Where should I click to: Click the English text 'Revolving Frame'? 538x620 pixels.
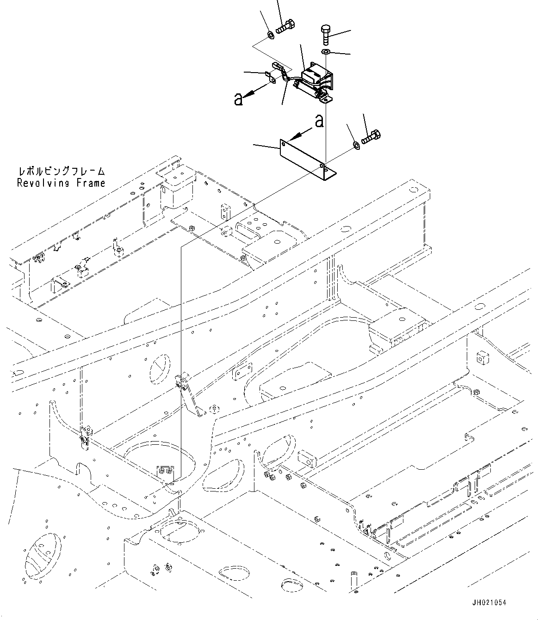(x=61, y=183)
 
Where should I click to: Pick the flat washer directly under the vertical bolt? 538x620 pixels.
(x=326, y=52)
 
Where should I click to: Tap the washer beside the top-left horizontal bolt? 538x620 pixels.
(x=271, y=35)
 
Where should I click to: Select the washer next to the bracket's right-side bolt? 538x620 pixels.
(x=356, y=145)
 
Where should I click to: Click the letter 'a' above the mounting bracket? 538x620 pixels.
(x=318, y=122)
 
